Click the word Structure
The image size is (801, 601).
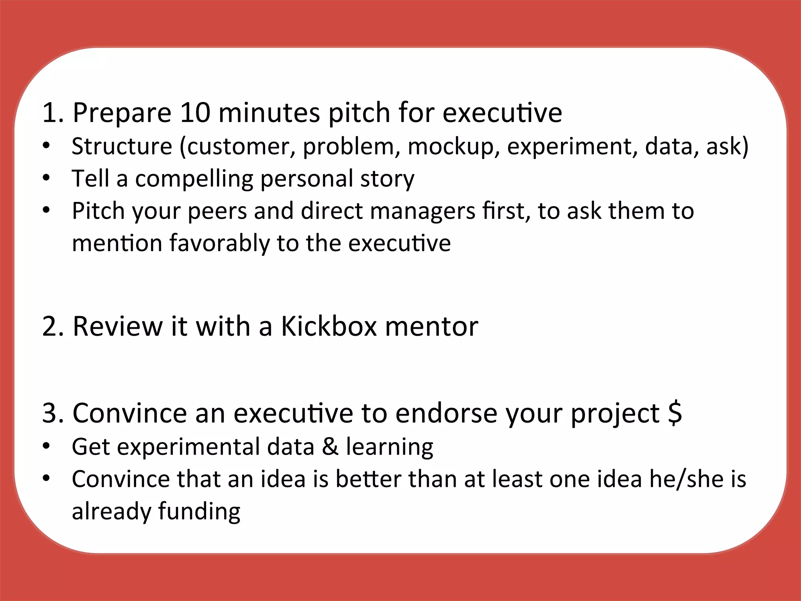coord(122,146)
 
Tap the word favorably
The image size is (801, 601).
coord(219,244)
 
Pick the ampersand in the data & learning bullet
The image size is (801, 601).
coord(330,447)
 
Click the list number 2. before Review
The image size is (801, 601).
coord(53,326)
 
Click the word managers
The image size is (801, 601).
coord(422,211)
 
